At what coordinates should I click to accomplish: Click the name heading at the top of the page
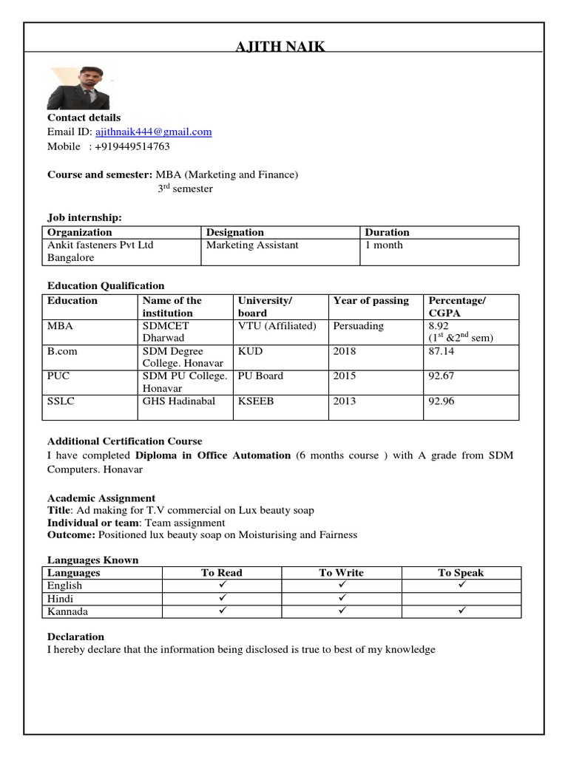point(280,48)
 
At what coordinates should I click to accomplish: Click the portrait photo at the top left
point(78,88)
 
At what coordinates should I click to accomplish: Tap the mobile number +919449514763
point(132,146)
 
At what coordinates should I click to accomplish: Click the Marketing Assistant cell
point(252,245)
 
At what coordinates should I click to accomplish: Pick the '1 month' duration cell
point(384,245)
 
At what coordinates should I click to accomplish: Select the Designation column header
point(234,232)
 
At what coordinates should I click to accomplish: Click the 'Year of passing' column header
point(371,301)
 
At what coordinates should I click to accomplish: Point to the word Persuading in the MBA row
point(359,325)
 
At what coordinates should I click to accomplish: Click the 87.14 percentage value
point(442,351)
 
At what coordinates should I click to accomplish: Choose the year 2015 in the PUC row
point(345,376)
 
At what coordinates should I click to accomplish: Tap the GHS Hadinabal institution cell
point(179,401)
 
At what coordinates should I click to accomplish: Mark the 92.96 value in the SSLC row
point(442,401)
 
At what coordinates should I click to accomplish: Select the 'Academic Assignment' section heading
point(101,498)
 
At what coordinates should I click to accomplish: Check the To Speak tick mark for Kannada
point(460,611)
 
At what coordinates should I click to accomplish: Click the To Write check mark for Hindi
point(341,598)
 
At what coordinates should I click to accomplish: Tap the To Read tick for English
point(221,585)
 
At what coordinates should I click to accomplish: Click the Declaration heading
point(75,637)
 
